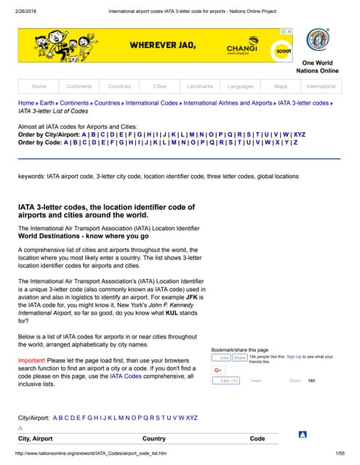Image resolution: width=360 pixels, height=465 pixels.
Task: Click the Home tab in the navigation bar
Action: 39,86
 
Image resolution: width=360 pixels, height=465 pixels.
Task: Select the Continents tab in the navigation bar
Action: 79,86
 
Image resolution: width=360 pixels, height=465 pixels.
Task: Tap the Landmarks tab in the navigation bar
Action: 199,86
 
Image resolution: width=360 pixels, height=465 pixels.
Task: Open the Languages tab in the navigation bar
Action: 240,86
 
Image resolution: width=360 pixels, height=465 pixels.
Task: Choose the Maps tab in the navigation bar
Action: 281,86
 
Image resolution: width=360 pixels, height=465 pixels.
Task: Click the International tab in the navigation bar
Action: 321,86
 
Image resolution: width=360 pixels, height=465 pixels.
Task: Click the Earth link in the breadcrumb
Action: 47,103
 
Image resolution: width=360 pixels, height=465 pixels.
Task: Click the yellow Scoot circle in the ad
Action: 280,53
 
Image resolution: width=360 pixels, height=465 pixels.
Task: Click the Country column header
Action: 154,439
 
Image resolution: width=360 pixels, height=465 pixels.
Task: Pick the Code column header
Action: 257,439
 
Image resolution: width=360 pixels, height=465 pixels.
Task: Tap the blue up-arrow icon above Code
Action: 303,434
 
